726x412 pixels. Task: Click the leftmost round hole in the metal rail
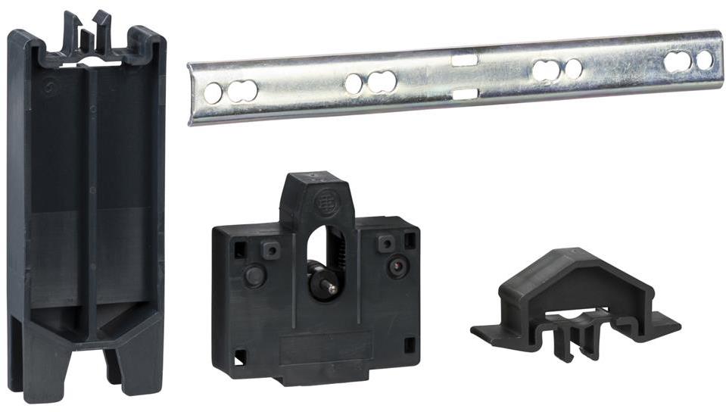(213, 93)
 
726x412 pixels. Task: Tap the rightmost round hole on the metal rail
(705, 60)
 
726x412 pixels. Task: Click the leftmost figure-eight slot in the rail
(241, 91)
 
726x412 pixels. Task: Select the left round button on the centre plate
(254, 276)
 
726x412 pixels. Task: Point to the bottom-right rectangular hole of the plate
(410, 345)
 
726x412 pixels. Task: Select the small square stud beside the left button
(269, 248)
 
